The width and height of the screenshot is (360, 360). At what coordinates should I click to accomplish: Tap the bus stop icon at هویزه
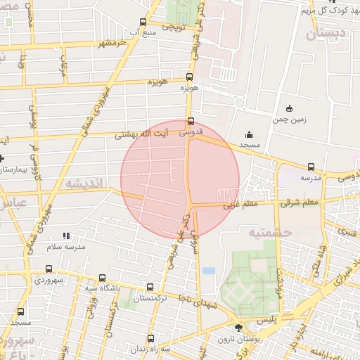(x=188, y=77)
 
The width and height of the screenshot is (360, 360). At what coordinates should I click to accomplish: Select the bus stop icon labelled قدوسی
(x=191, y=120)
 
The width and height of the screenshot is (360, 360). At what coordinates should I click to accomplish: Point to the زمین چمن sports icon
(x=289, y=108)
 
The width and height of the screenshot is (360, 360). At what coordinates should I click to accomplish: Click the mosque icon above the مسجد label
(x=248, y=134)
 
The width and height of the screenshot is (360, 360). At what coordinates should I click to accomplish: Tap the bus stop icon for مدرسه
(x=311, y=167)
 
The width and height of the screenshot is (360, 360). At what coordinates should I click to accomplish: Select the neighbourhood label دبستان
(x=321, y=33)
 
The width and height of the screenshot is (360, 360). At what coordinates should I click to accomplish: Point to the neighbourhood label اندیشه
(x=84, y=183)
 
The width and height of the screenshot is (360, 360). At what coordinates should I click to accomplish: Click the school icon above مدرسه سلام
(x=66, y=236)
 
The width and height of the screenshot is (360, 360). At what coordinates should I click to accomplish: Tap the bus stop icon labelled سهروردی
(x=49, y=269)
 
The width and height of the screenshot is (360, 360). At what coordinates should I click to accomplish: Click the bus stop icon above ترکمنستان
(x=149, y=287)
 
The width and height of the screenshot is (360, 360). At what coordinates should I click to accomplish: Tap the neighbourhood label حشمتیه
(x=259, y=231)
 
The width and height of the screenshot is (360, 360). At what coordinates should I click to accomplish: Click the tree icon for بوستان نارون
(x=238, y=328)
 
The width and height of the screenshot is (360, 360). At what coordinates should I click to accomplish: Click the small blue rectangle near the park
(x=209, y=271)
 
